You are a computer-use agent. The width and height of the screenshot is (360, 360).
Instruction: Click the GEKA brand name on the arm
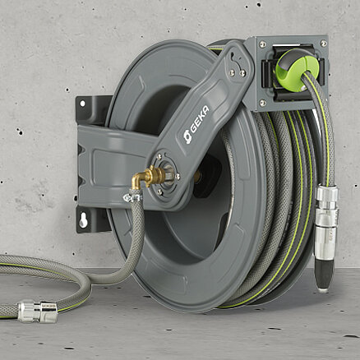(200, 120)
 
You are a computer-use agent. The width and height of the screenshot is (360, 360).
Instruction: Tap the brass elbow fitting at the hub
(145, 178)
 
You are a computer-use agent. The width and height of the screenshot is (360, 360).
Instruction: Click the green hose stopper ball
(297, 68)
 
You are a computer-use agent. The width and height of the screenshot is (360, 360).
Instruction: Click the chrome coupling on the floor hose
(38, 311)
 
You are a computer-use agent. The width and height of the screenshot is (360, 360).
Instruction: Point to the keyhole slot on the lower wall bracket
(83, 220)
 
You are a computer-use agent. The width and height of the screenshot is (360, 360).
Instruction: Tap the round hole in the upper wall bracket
(82, 104)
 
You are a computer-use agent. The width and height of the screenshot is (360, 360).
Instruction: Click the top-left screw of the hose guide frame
(262, 44)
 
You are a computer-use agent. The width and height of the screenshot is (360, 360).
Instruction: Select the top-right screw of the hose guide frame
(323, 44)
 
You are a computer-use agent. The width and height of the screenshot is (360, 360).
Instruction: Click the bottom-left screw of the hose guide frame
(262, 103)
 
